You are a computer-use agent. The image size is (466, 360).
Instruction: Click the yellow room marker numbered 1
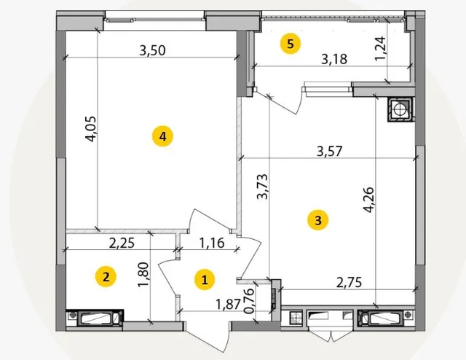(x=205, y=280)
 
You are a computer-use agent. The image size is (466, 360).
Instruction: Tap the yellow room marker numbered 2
(x=106, y=277)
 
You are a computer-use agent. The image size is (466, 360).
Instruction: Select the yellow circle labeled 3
(x=318, y=221)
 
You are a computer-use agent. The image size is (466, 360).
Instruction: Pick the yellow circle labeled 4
(x=162, y=136)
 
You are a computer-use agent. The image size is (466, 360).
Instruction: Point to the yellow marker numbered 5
(x=291, y=44)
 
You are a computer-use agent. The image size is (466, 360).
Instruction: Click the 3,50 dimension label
(x=152, y=50)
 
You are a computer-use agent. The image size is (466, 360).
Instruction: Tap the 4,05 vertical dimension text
(x=91, y=128)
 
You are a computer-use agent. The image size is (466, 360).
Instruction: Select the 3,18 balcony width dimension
(x=334, y=59)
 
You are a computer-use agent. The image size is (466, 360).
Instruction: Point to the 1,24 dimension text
(x=380, y=48)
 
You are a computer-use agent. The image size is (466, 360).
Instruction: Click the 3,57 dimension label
(x=330, y=151)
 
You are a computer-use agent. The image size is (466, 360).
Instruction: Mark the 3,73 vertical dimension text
(x=263, y=187)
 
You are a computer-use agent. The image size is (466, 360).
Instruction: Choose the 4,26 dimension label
(x=369, y=200)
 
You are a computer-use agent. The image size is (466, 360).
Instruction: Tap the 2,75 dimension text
(x=349, y=282)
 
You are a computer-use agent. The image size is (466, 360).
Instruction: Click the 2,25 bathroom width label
(x=122, y=243)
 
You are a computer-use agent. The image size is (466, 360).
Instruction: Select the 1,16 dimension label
(x=212, y=243)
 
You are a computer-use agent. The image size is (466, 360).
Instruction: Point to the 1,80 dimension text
(x=143, y=275)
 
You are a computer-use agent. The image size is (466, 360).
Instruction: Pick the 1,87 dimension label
(x=228, y=304)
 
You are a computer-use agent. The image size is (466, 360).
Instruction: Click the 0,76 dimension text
(x=249, y=301)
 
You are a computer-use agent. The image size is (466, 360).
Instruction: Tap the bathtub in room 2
(x=95, y=318)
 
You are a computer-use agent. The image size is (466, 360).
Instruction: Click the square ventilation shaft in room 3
(x=400, y=109)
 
